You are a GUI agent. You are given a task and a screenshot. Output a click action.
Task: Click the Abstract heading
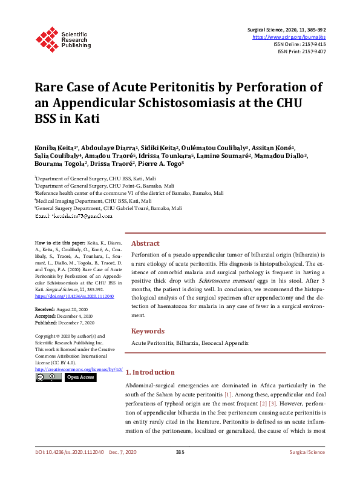point(145,243)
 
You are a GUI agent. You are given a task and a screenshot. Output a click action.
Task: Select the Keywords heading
point(148,331)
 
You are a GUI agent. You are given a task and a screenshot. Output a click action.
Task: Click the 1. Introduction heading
point(153,372)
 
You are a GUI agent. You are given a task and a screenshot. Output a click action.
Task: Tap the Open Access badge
point(80,377)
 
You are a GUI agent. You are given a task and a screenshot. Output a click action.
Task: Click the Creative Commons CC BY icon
point(48,377)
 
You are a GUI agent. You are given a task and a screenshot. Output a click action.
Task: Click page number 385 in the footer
point(180,469)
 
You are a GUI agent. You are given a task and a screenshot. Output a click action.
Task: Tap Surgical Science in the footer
point(307,469)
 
